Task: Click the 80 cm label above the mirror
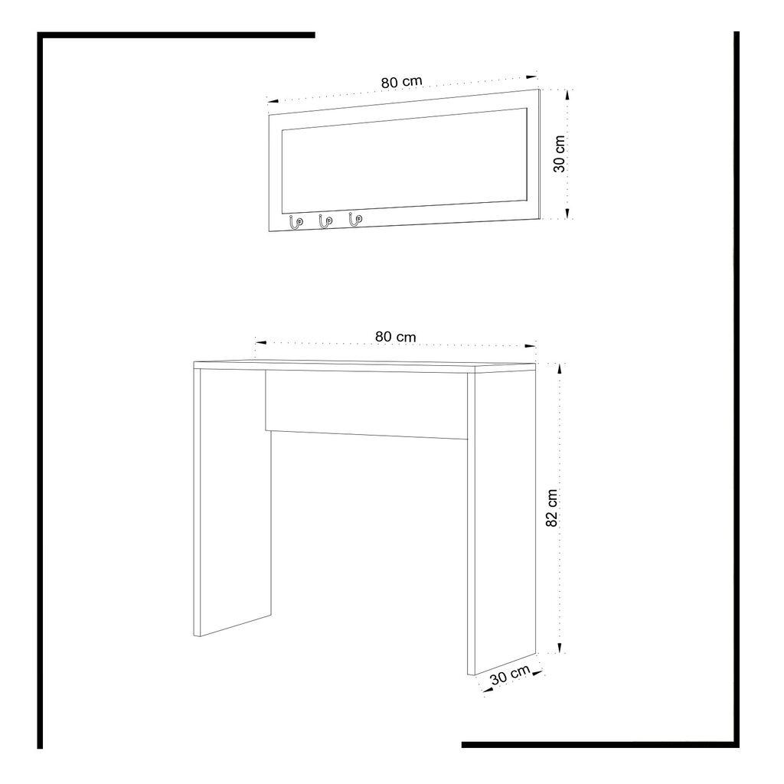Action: coord(401,82)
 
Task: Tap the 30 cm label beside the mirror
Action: coord(560,153)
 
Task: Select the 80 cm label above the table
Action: coord(395,336)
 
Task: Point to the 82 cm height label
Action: coord(552,508)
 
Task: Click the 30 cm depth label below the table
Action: coord(510,676)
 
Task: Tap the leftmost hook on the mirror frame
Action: coord(295,222)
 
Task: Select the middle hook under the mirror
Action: coord(325,221)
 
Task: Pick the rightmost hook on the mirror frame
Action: coord(354,220)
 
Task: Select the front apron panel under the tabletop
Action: coord(366,404)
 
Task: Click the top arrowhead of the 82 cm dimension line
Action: coord(560,367)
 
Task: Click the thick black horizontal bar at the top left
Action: coord(176,34)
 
